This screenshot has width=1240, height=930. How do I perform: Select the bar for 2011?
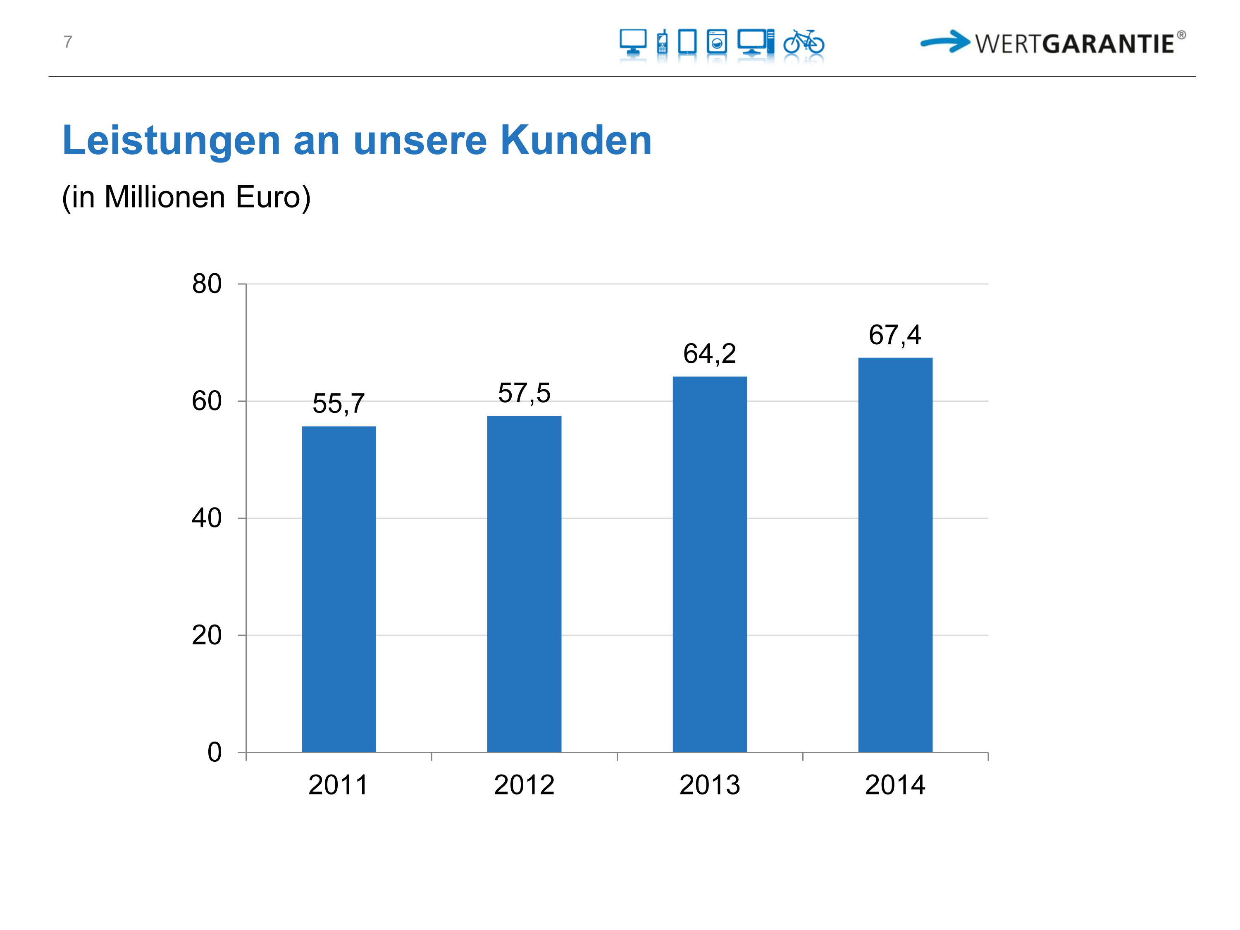339,589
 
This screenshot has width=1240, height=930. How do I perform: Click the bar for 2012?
524,583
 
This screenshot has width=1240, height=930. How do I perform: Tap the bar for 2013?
709,563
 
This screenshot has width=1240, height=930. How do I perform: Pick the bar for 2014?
895,555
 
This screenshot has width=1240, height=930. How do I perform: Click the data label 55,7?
339,403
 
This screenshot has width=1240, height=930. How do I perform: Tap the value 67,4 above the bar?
895,335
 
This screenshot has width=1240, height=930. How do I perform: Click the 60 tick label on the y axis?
207,401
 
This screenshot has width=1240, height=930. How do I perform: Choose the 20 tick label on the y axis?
207,636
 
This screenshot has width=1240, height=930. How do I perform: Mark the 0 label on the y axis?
215,752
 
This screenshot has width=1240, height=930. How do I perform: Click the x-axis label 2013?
709,785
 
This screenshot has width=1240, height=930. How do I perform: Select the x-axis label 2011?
339,785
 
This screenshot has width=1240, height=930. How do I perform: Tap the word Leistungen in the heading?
171,141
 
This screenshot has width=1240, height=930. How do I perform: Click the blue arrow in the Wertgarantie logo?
945,41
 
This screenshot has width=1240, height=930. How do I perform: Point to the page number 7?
68,42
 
